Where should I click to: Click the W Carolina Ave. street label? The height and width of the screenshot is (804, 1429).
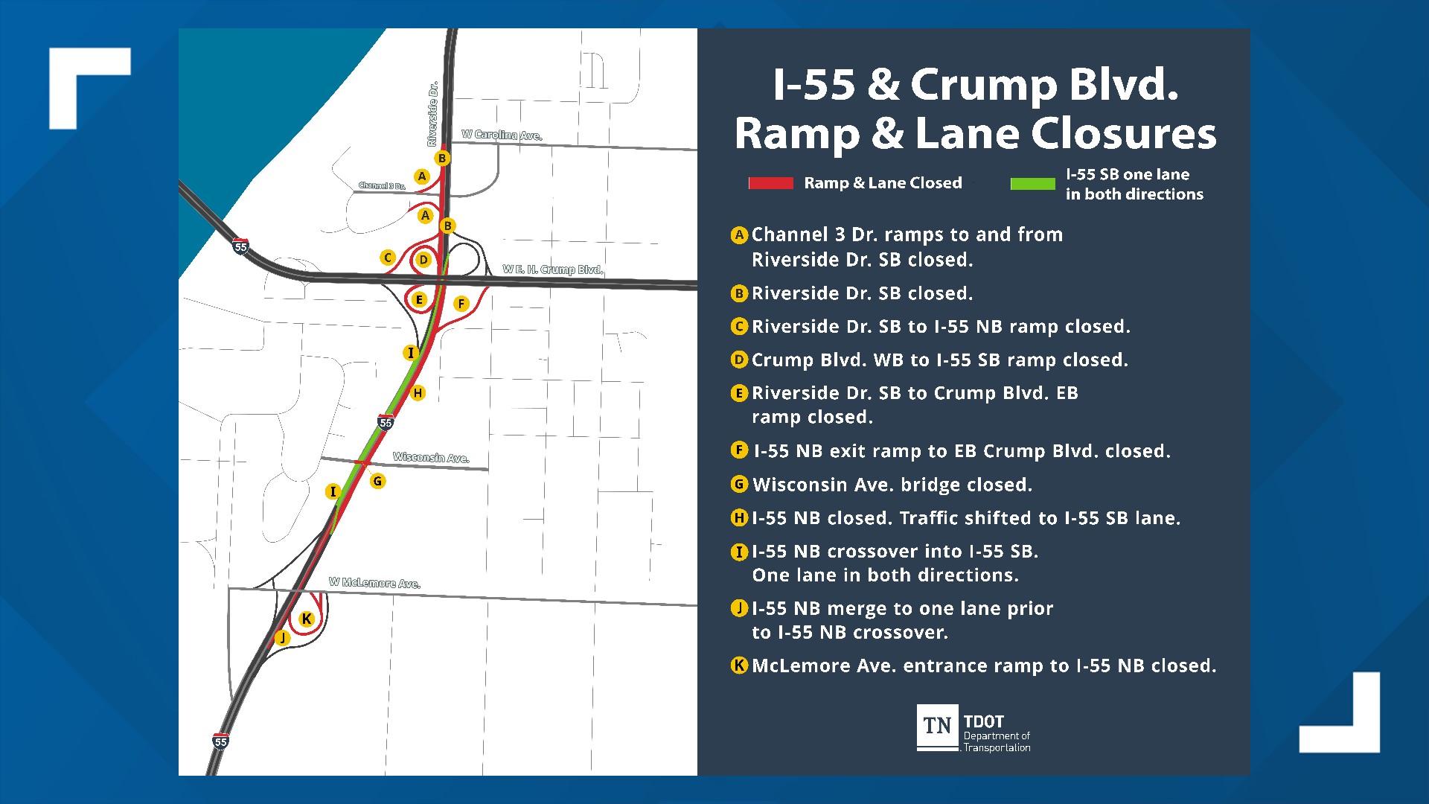coord(502,135)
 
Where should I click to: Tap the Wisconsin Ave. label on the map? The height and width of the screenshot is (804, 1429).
coord(431,457)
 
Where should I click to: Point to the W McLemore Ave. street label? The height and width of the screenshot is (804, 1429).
coord(374,583)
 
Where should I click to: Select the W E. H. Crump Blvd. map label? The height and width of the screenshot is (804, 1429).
coord(552,269)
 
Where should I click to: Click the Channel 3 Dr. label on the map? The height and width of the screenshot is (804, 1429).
coord(382,185)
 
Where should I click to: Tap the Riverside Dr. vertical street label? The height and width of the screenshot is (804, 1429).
coord(432,114)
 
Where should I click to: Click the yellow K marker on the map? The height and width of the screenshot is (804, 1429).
coord(307,619)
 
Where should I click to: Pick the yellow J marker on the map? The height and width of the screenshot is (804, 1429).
coord(282,638)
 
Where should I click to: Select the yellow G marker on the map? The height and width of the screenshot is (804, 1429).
coord(377,481)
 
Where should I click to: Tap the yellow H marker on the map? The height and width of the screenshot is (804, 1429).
coord(418,393)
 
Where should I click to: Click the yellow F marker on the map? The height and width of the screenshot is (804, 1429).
coord(461,303)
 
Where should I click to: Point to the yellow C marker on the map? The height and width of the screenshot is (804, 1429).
coord(387,258)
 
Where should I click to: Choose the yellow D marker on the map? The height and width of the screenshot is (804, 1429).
coord(423,260)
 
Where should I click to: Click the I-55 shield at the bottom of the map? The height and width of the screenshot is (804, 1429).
coord(220,741)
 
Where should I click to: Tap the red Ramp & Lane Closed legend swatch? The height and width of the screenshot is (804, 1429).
coord(770,183)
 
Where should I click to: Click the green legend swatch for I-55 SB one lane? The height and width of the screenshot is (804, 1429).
coord(1032,184)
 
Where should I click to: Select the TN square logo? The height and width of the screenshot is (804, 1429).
coord(937,727)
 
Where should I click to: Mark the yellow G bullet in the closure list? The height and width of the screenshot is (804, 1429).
coord(739,485)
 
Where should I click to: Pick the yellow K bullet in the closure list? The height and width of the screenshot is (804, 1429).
coord(739,666)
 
